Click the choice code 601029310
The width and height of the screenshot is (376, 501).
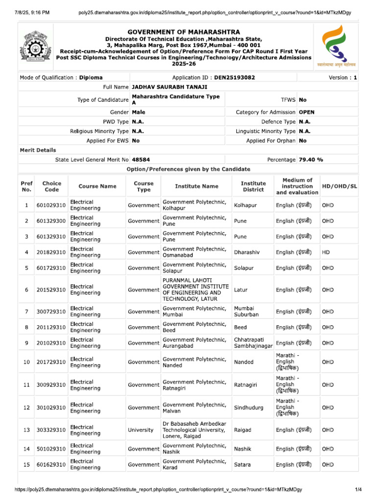(51, 205)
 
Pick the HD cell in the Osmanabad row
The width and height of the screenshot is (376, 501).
(326, 252)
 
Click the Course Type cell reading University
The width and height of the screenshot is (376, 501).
(141, 430)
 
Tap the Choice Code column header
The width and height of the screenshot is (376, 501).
(51, 186)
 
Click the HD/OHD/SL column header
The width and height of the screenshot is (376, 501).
(339, 186)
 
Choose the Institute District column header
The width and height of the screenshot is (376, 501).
(253, 186)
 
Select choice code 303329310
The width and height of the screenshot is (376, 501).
(51, 430)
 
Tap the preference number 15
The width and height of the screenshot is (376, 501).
(26, 464)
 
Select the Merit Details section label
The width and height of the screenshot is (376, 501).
(38, 150)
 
